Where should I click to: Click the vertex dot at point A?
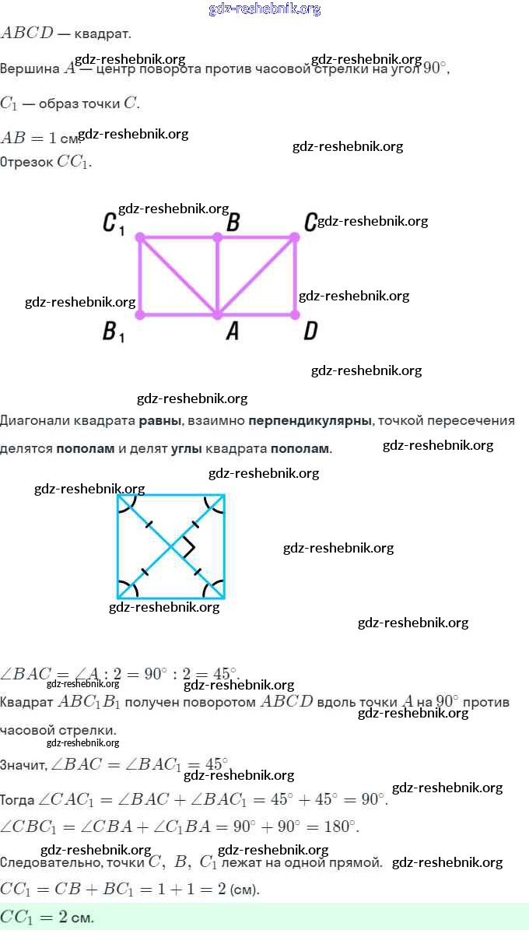point(217,314)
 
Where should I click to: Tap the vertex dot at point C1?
point(140,237)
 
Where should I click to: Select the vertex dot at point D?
point(295,314)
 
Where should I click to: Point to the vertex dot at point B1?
point(140,314)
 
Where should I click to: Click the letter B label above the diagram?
point(232,223)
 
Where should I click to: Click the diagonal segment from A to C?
point(257,275)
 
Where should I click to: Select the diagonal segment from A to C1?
point(178,275)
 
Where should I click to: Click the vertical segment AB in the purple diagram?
point(218,275)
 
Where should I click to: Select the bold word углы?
point(187,449)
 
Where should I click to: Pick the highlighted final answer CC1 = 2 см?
point(47,917)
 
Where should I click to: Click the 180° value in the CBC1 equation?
point(340,826)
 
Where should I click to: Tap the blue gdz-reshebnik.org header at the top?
point(264,9)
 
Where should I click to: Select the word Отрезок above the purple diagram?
point(26,163)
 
